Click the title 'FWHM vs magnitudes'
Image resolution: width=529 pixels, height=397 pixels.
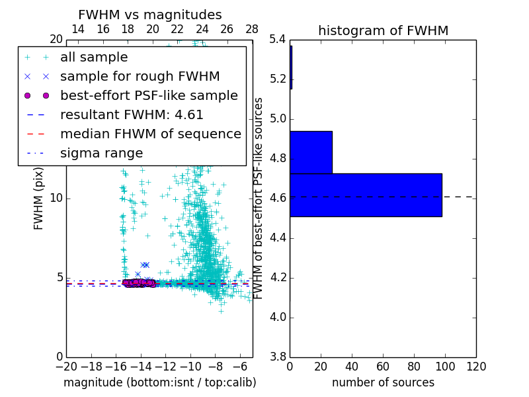pos(149,15)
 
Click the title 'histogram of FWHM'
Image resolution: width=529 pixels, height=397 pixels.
pos(383,30)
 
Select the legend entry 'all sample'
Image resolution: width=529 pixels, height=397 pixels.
pos(94,58)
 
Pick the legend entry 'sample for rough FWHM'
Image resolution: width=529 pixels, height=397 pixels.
pos(140,77)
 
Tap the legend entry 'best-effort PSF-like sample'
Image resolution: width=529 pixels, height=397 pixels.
pos(149,96)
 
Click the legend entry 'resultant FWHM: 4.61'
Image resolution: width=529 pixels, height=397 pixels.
pos(132,115)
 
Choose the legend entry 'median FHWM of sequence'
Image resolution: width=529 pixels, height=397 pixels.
pos(150,134)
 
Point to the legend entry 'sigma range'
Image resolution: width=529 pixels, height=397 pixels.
pos(101,154)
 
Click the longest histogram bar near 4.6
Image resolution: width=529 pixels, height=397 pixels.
pos(366,195)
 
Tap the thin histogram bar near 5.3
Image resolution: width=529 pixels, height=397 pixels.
pos(291,67)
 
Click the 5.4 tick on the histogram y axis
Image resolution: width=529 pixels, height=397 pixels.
pos(278,40)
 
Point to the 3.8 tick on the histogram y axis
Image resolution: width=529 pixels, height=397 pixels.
pos(278,357)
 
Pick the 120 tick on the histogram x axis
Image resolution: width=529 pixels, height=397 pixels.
pos(475,367)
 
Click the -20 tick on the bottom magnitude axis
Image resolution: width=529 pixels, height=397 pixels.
pos(66,367)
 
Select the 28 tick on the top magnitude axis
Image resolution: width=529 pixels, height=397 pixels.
pos(252,29)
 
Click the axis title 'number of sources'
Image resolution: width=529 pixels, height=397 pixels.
pos(383,382)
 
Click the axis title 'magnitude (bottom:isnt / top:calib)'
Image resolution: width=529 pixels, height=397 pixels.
pos(159,382)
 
